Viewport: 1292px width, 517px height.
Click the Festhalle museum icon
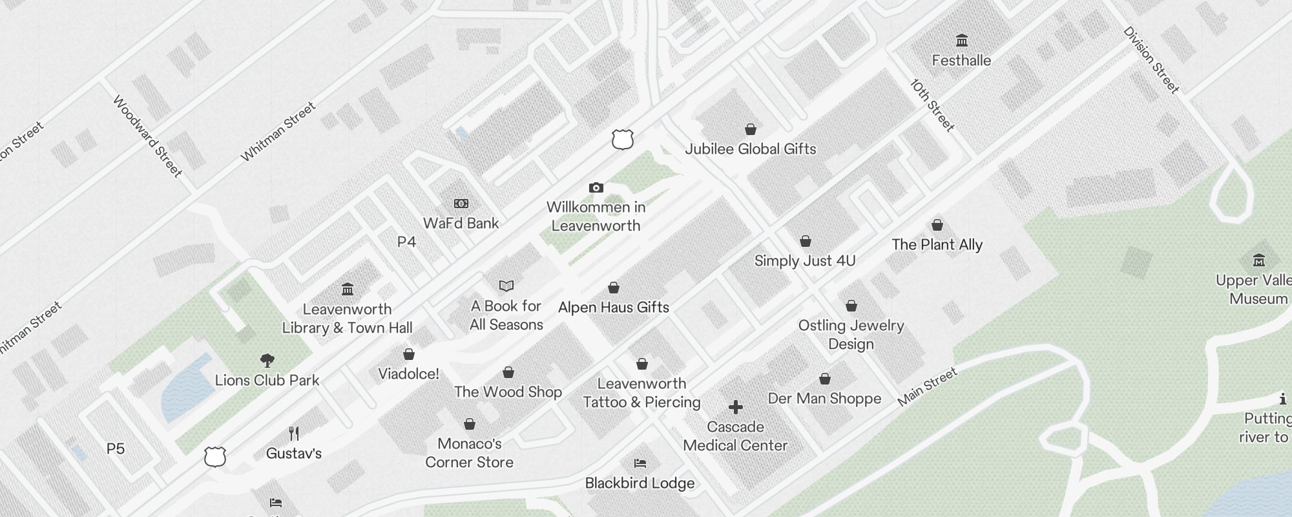coord(961,41)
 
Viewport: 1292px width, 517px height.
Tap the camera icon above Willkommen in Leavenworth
coord(596,188)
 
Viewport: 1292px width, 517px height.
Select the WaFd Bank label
coord(461,223)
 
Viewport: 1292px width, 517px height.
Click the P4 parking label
coord(406,242)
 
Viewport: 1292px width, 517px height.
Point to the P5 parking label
coord(116,448)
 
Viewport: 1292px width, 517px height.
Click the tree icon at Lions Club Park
coord(267,361)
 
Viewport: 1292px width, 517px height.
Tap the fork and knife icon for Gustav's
coord(294,433)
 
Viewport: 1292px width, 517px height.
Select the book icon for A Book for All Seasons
coord(506,286)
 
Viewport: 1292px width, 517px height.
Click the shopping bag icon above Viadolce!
coord(409,354)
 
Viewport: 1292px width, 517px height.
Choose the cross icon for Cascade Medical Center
coord(735,407)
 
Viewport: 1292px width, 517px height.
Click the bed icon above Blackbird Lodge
coord(640,463)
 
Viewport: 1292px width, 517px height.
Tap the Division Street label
coord(1151,60)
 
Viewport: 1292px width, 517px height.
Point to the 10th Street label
coord(932,105)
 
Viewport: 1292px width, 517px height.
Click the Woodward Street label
coord(147,136)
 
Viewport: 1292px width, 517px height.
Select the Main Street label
coord(927,388)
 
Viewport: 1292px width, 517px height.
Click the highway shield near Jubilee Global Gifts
coord(622,140)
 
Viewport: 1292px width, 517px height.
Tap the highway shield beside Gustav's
coord(215,456)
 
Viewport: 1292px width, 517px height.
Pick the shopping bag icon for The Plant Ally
coord(937,225)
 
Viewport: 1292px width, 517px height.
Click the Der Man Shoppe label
coord(824,398)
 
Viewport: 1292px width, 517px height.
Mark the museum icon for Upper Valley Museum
coord(1258,260)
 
